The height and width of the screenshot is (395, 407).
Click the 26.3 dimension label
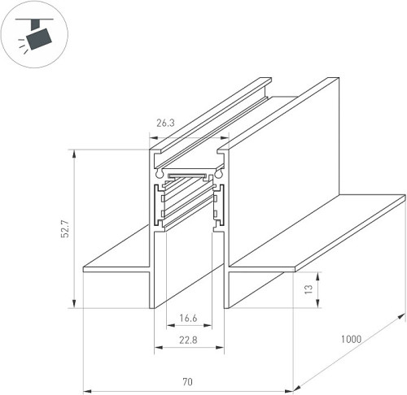point(165,123)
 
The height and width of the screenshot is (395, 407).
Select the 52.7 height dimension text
point(65,229)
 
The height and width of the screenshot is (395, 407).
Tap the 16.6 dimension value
point(188,318)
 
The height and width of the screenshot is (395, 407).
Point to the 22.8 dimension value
point(188,340)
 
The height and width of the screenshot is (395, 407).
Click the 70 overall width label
point(187,382)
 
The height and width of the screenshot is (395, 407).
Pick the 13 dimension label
point(309,289)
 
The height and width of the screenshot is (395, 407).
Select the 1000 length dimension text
point(351,339)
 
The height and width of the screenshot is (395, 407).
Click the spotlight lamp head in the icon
point(38,39)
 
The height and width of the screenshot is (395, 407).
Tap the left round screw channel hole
point(159,173)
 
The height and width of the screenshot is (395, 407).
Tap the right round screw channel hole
point(218,174)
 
